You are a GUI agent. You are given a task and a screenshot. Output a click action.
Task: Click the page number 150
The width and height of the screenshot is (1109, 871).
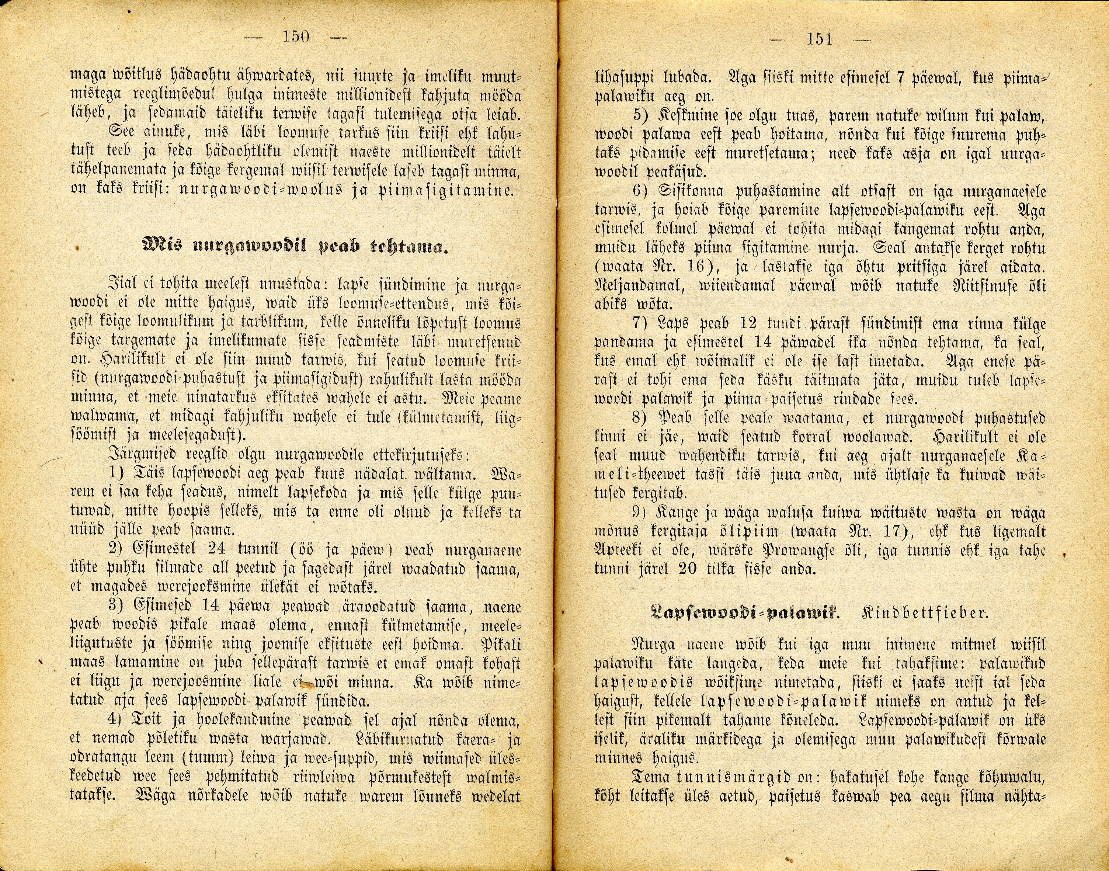(x=296, y=37)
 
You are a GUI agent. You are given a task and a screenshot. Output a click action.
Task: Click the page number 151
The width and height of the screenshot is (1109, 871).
(x=819, y=39)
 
